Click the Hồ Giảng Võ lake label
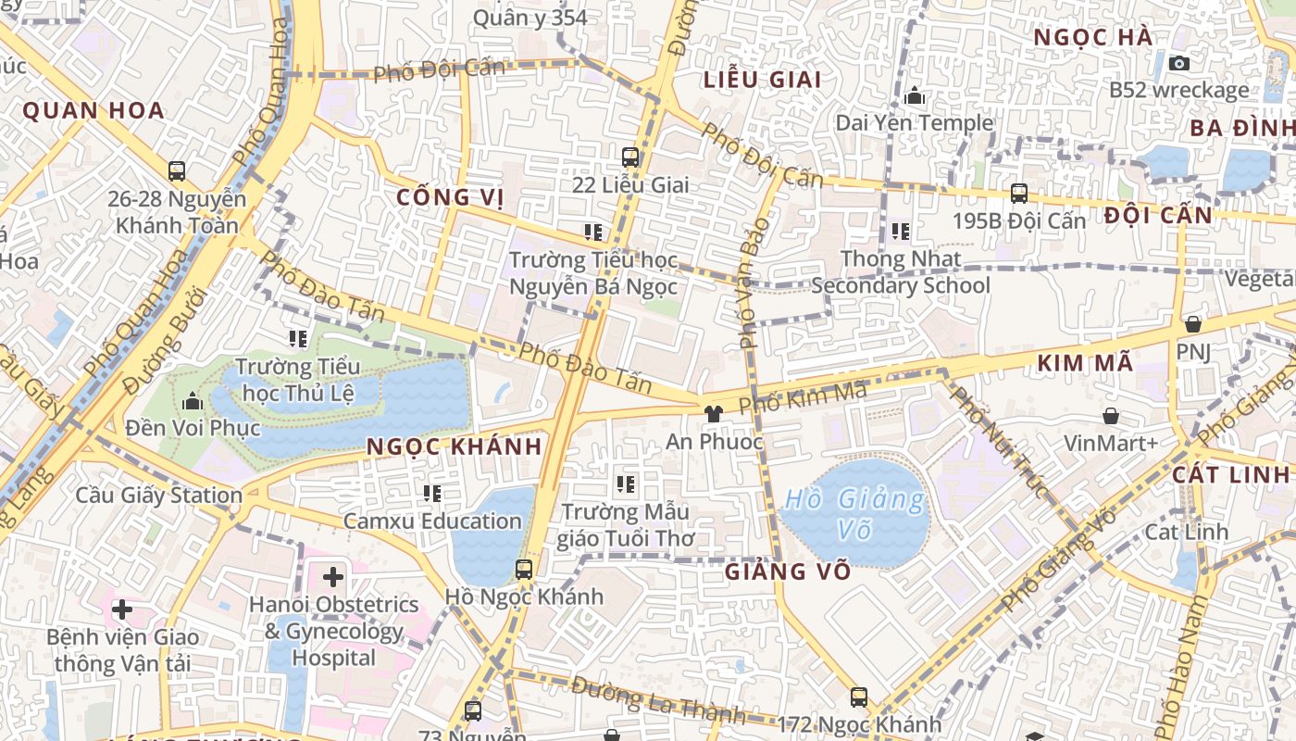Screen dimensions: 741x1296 [853, 513]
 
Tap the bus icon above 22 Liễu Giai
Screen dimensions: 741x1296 [630, 157]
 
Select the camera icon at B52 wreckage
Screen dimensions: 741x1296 [1178, 63]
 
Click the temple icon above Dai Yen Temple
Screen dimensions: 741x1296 [915, 95]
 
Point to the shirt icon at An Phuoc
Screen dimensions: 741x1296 [713, 414]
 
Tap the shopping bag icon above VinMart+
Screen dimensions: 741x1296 [1110, 416]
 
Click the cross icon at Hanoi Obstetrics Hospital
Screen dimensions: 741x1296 [333, 577]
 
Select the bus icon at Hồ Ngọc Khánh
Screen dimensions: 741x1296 [524, 569]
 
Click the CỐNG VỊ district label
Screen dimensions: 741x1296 [450, 197]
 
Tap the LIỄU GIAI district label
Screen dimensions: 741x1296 [763, 80]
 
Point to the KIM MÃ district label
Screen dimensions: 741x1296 [1085, 363]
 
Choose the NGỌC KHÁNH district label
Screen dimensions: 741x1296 [454, 446]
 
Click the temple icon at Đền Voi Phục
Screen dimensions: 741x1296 [193, 401]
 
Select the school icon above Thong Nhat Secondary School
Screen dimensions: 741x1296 [900, 232]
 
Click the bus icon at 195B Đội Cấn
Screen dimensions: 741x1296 [1018, 194]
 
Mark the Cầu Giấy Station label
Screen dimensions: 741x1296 [158, 496]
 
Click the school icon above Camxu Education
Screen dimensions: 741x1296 [431, 494]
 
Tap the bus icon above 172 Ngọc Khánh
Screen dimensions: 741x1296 [859, 697]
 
